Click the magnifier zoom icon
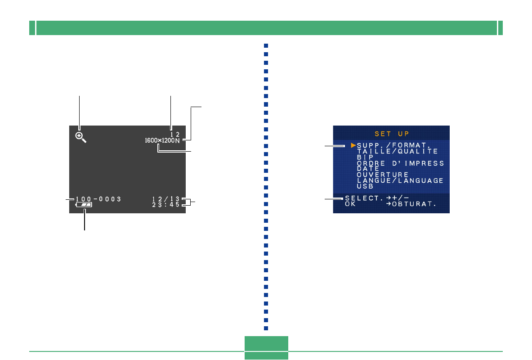pyautogui.click(x=80, y=137)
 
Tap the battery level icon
pyautogui.click(x=84, y=205)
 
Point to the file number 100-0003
pyautogui.click(x=98, y=199)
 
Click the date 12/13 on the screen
pyautogui.click(x=165, y=199)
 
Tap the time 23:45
pyautogui.click(x=165, y=205)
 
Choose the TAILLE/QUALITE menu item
pyautogui.click(x=397, y=152)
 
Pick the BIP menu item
pyautogui.click(x=365, y=157)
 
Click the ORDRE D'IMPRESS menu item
pyautogui.click(x=400, y=163)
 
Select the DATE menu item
pyautogui.click(x=368, y=169)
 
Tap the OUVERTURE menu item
pyautogui.click(x=383, y=175)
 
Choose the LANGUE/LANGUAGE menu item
pyautogui.click(x=400, y=180)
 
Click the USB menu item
pyautogui.click(x=365, y=186)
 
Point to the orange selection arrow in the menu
pyautogui.click(x=353, y=146)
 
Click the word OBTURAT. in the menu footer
pyautogui.click(x=420, y=204)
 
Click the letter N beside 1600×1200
pyautogui.click(x=177, y=141)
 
